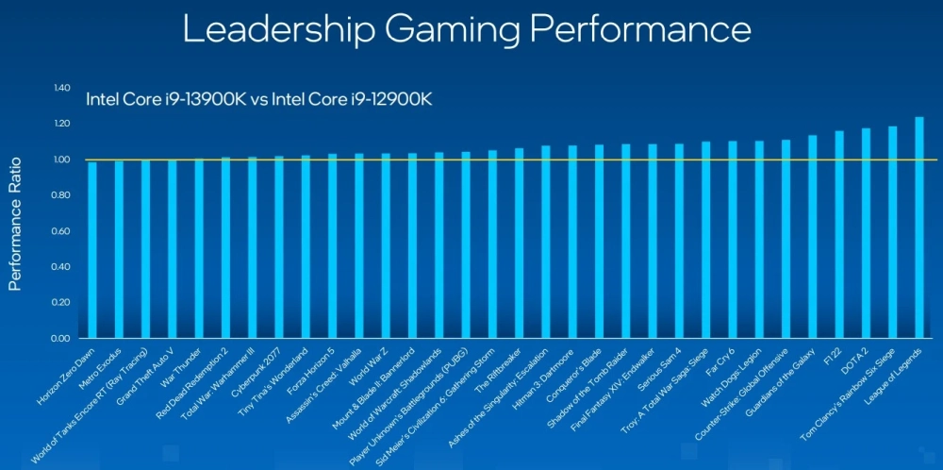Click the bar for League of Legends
point(919,227)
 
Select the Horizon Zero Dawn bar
point(92,250)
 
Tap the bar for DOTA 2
point(866,233)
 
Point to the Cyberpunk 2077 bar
point(279,246)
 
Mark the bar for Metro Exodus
point(119,249)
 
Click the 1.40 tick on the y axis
point(62,88)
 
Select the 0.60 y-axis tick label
point(62,231)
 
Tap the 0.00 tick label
point(62,338)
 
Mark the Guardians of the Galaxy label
point(779,385)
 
